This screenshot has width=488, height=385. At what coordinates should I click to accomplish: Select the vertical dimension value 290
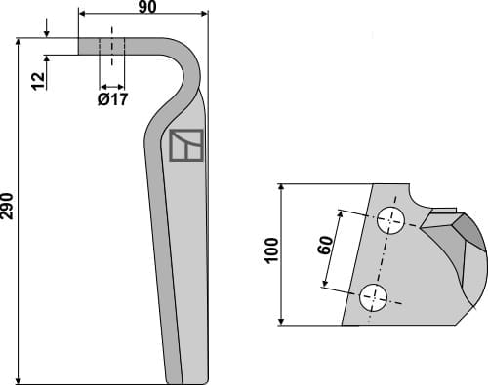tap(8, 209)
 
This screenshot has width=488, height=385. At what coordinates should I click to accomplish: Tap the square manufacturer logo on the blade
tap(185, 145)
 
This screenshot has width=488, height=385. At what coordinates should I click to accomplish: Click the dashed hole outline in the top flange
tap(112, 46)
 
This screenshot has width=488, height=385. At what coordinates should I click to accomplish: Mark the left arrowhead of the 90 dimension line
tap(81, 14)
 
